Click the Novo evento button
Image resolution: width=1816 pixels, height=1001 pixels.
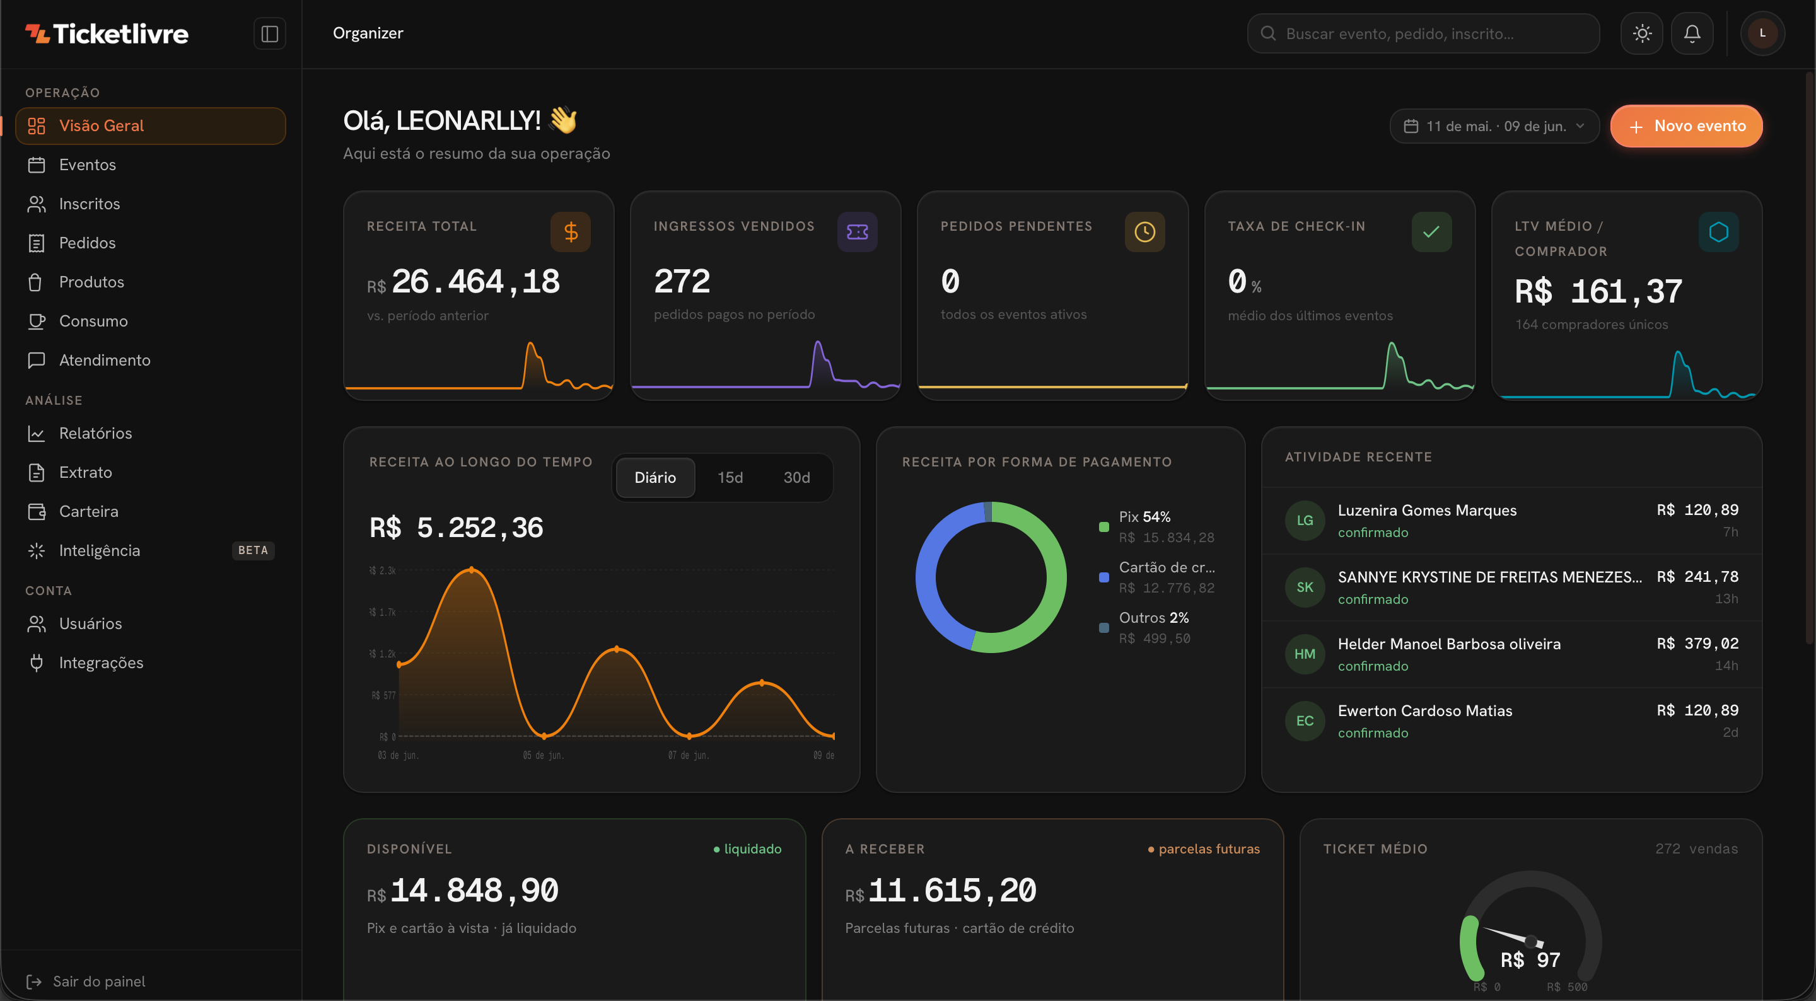coord(1685,126)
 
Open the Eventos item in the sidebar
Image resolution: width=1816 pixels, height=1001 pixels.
coord(88,165)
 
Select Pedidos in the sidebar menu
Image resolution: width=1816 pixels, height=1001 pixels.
coord(87,243)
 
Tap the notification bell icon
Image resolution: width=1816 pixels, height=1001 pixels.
coord(1692,33)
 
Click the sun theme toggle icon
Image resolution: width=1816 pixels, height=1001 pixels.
coord(1642,33)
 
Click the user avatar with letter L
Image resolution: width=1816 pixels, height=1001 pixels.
coord(1762,33)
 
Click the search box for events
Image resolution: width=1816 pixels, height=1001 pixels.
coord(1423,33)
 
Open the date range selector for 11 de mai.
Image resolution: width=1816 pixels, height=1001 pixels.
coord(1494,126)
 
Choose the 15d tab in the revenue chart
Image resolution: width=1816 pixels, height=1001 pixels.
coord(730,478)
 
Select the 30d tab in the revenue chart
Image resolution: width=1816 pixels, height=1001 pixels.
coord(796,478)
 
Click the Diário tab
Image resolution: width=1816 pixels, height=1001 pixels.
coord(655,478)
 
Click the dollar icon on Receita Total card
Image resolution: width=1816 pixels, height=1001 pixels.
coord(570,232)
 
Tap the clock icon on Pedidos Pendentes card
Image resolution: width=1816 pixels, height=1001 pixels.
coord(1144,232)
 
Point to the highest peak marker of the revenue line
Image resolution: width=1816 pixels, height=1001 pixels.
coord(472,570)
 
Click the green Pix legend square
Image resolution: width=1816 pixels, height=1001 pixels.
coord(1104,527)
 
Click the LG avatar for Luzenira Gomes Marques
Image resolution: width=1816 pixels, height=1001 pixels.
coord(1305,520)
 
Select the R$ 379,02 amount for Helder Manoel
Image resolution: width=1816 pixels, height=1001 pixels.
coord(1697,644)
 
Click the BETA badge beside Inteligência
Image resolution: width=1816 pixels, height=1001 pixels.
coord(253,550)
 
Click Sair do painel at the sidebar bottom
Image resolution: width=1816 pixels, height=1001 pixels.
coord(99,981)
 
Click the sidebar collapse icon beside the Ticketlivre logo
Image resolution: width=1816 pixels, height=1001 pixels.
coord(269,34)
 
